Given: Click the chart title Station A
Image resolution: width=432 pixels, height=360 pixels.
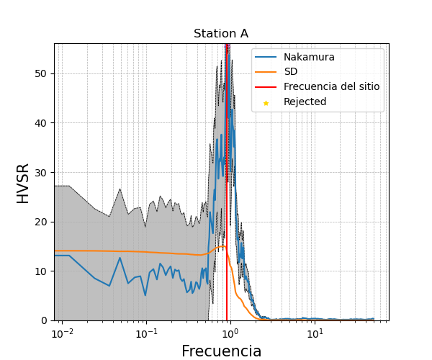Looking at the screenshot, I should click(221, 34).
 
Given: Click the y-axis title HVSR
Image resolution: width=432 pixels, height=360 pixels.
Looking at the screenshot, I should click(23, 183).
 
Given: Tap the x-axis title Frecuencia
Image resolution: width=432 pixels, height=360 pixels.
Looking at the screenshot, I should click(221, 351).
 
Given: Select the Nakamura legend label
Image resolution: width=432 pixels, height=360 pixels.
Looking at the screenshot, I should click(309, 57).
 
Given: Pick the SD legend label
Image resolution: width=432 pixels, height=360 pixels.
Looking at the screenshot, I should click(291, 72).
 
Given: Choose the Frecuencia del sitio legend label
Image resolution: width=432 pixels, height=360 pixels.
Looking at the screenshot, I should click(331, 87).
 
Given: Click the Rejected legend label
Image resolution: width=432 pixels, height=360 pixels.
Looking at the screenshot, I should click(305, 102).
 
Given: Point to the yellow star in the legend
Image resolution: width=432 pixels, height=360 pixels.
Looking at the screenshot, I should click(266, 103).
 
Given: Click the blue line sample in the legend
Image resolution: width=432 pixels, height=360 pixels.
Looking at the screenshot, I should click(266, 57).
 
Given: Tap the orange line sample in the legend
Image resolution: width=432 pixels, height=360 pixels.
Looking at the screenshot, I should click(266, 72).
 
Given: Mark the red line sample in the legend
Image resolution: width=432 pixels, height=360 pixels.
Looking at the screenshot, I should click(266, 87).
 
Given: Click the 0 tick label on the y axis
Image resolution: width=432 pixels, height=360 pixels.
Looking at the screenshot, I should click(45, 320).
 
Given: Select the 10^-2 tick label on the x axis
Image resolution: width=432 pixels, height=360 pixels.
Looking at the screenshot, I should click(63, 333).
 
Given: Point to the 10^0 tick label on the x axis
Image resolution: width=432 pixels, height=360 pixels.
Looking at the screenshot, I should click(230, 333).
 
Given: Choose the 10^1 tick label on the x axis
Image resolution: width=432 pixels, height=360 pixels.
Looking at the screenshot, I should click(315, 333).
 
